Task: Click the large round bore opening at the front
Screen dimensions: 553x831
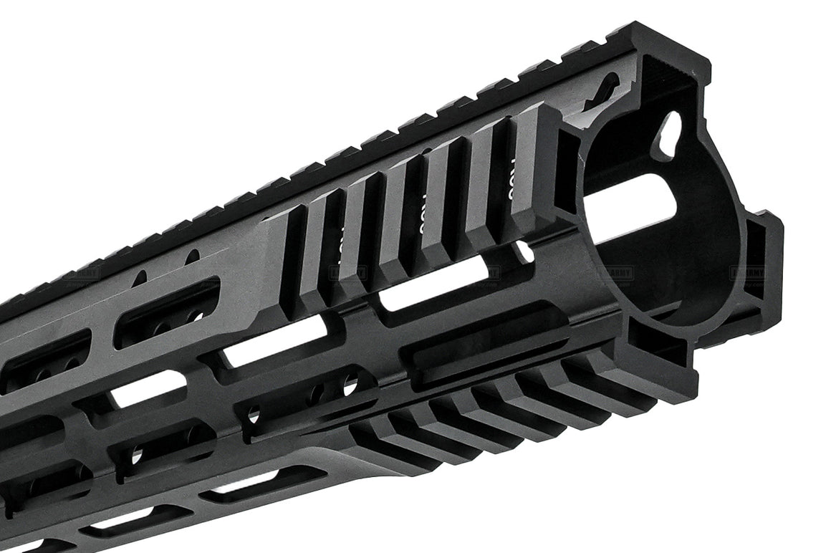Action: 645,215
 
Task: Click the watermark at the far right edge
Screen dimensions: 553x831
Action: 747,273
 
